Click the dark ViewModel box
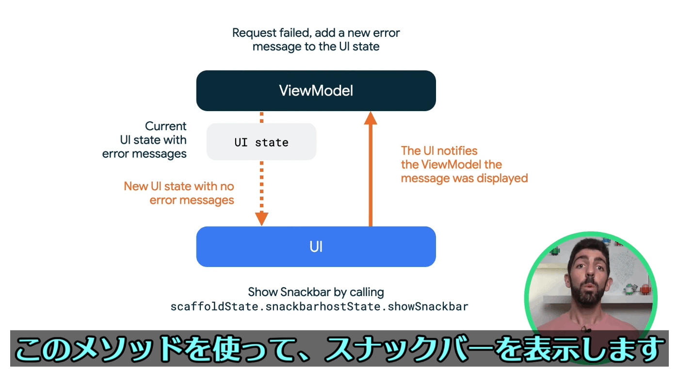click(x=316, y=91)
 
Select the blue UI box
click(x=316, y=247)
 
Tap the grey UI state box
click(x=261, y=142)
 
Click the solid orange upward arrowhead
click(x=371, y=118)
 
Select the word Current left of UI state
click(x=165, y=126)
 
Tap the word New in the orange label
click(x=136, y=186)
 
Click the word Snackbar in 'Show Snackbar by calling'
click(x=305, y=292)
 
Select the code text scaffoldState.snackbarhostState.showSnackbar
click(x=320, y=307)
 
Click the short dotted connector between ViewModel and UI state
click(x=261, y=117)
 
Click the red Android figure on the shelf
click(x=646, y=288)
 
